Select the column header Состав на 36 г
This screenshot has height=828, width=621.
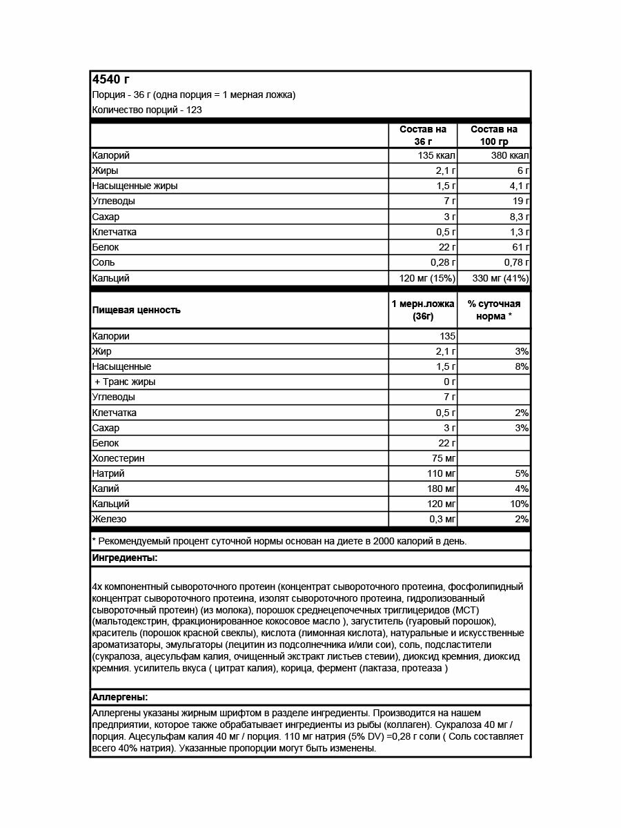pos(423,135)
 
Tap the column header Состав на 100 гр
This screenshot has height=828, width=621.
pos(494,135)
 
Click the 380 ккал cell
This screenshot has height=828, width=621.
pos(510,155)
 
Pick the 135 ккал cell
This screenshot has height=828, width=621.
pos(437,155)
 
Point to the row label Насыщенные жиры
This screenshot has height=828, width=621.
pos(135,186)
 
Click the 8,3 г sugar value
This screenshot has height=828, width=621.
pos(516,217)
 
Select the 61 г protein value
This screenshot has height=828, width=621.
pos(520,247)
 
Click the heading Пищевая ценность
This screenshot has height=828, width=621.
pos(136,310)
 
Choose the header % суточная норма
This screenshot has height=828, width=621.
pos(494,310)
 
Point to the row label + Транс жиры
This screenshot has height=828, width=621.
pos(125,382)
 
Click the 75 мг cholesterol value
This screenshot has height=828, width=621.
pos(442,458)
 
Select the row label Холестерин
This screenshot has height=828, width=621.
pos(118,458)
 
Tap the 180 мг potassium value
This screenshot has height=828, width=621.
pos(440,489)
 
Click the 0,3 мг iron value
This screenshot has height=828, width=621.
pos(441,519)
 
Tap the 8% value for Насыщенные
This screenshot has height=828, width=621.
pos(522,366)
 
